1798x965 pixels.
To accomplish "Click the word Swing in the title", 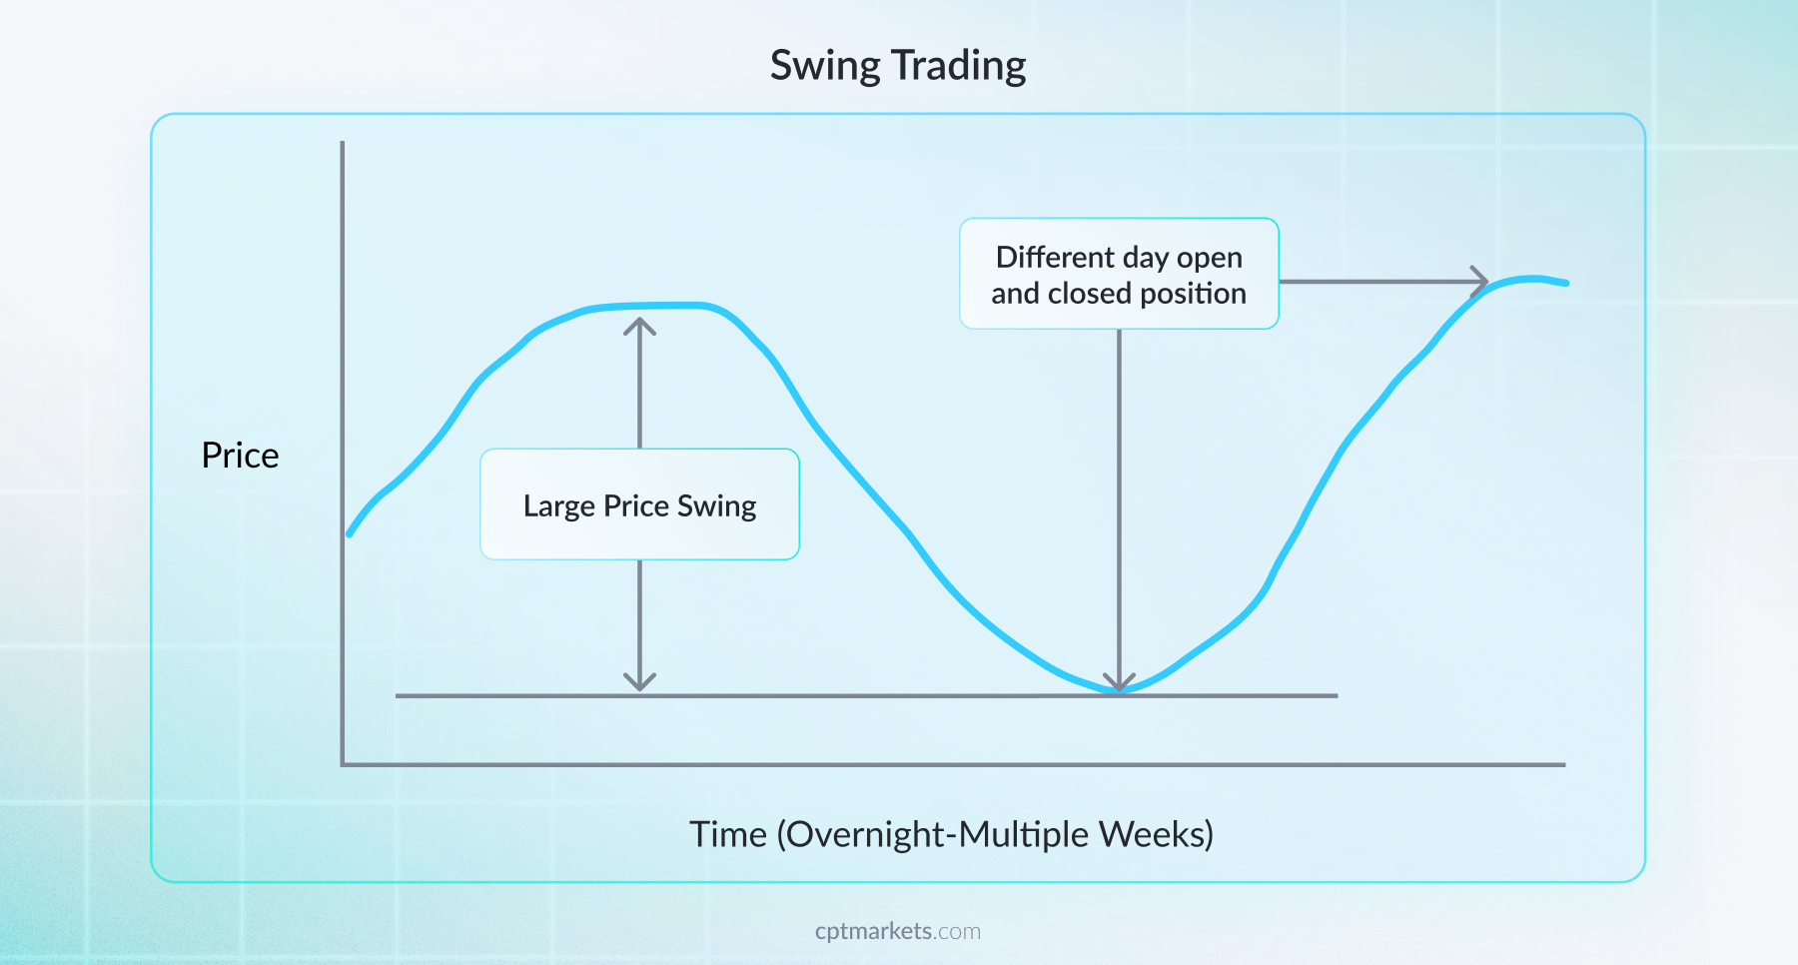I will coord(825,66).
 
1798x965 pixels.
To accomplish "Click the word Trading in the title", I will coord(959,66).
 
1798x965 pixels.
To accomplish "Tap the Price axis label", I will coord(240,456).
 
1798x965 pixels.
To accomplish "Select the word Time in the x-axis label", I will coord(728,834).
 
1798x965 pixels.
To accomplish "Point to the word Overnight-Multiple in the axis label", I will coord(933,834).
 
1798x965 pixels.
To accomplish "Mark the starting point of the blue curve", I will coord(350,533).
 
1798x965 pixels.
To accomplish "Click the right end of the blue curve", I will coord(1564,283).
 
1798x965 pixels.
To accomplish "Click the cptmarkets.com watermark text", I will coord(897,931).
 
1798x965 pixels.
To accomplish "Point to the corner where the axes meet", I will coord(343,765).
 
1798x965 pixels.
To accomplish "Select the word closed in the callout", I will coord(1089,294).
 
